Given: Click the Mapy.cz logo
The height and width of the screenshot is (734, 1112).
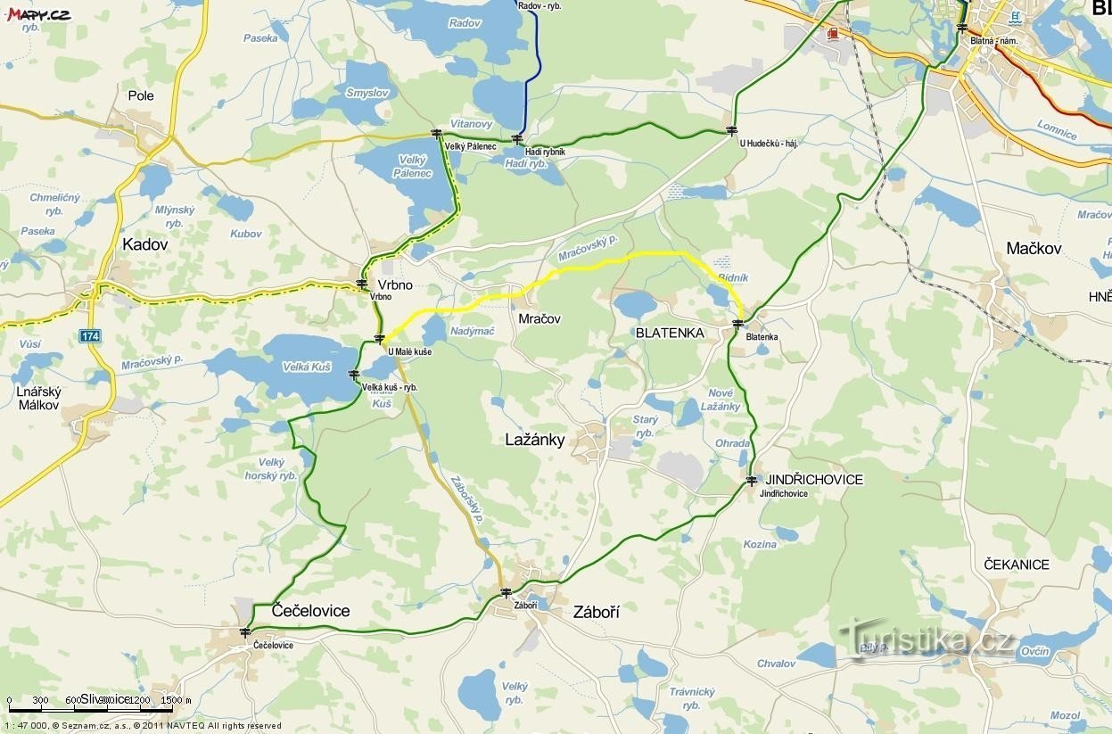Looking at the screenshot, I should click(38, 13).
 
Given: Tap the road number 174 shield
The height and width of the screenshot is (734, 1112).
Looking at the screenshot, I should click(89, 336).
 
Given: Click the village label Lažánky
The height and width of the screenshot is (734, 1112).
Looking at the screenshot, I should click(534, 440).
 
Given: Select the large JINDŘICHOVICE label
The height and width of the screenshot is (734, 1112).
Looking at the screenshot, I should click(814, 480).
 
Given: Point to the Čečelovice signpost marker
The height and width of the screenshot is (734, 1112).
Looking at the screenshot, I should click(245, 632).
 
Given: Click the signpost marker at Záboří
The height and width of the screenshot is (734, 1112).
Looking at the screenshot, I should click(506, 592).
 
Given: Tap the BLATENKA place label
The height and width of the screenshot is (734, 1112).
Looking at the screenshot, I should click(670, 333).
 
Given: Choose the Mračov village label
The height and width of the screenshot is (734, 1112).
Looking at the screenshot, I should click(539, 318).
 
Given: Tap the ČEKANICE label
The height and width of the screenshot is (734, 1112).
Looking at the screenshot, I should click(1017, 565).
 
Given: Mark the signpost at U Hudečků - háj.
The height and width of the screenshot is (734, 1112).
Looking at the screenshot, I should click(732, 131).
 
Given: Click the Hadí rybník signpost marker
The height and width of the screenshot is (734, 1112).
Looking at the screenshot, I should click(517, 138).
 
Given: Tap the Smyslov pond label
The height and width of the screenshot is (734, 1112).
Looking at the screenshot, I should click(367, 93).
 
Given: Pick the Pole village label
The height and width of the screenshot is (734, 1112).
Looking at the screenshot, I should click(141, 95).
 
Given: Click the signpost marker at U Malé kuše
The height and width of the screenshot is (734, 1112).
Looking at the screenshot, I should click(380, 338).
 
